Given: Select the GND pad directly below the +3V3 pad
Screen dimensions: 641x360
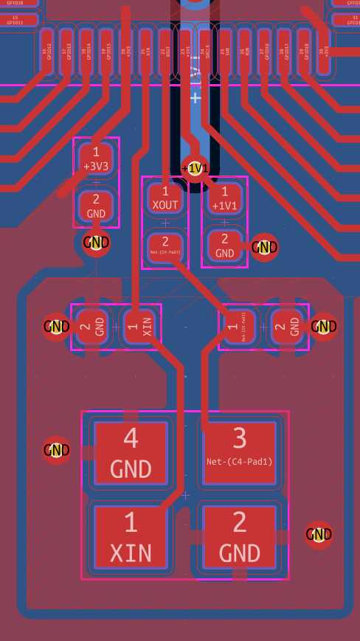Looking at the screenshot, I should [96, 206].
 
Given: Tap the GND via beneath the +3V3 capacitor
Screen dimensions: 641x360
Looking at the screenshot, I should [96, 242].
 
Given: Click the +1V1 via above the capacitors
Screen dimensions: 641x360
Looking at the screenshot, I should [195, 168].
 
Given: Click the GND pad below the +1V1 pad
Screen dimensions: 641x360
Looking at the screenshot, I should [224, 245].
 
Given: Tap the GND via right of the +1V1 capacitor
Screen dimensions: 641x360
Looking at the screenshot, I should [263, 247].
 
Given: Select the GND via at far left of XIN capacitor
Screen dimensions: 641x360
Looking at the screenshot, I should [56, 325].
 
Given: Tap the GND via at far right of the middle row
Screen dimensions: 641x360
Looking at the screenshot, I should [322, 325].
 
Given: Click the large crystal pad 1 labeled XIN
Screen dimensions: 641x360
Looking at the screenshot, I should [131, 538].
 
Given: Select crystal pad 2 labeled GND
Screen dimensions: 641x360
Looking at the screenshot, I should [240, 538].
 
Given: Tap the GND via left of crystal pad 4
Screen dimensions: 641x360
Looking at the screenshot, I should [56, 449].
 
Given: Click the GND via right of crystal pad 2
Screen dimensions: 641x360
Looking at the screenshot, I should [319, 535].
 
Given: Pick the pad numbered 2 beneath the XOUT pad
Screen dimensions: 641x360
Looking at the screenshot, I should [165, 246].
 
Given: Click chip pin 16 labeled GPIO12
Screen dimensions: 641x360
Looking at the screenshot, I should [47, 50].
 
